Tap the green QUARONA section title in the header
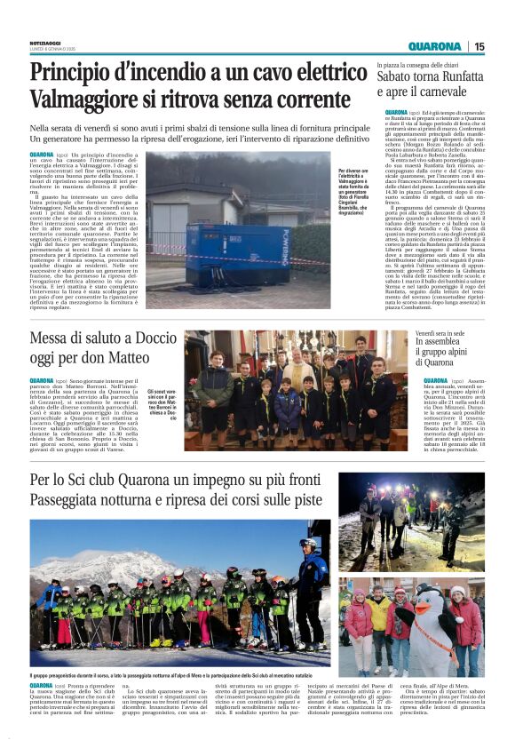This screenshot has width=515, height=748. click(435, 46)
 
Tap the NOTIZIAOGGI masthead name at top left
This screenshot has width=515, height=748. click(47, 42)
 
